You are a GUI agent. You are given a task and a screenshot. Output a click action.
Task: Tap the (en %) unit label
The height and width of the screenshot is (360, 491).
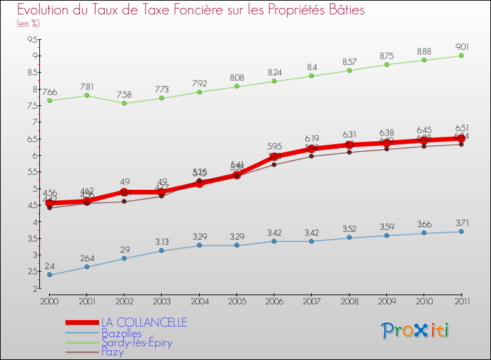click(28, 24)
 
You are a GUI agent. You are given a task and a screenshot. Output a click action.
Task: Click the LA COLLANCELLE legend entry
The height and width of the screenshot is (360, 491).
click(143, 322)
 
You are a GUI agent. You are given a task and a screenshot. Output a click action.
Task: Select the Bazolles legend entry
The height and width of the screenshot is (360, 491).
click(121, 333)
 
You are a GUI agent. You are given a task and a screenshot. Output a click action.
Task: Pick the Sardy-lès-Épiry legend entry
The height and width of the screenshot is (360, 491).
click(137, 343)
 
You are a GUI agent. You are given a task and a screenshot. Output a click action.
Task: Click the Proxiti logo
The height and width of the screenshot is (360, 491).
click(416, 331)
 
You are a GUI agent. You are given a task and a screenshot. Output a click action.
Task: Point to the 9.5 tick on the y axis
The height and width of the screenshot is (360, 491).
click(31, 39)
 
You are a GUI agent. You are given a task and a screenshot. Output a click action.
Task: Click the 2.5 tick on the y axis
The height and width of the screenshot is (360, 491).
click(31, 272)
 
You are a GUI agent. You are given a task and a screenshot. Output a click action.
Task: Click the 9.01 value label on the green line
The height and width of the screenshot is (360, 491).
click(462, 46)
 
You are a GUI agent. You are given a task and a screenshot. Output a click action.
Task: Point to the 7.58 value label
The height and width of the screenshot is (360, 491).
click(124, 94)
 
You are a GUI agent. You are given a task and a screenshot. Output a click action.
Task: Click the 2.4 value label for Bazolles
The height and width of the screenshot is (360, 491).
click(49, 266)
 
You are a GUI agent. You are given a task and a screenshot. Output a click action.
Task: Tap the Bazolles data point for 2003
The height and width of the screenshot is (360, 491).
click(162, 251)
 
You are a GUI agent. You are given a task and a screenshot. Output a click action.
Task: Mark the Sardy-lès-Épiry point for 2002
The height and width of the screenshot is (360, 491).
click(124, 103)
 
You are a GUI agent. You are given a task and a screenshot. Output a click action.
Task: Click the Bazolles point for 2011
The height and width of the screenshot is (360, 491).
click(462, 232)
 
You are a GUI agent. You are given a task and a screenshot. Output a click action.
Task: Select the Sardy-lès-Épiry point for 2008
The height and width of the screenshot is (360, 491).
click(349, 70)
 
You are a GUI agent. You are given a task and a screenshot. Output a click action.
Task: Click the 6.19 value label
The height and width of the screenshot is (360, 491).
click(312, 138)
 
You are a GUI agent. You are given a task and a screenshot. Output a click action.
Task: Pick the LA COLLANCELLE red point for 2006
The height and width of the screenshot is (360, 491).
click(274, 156)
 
